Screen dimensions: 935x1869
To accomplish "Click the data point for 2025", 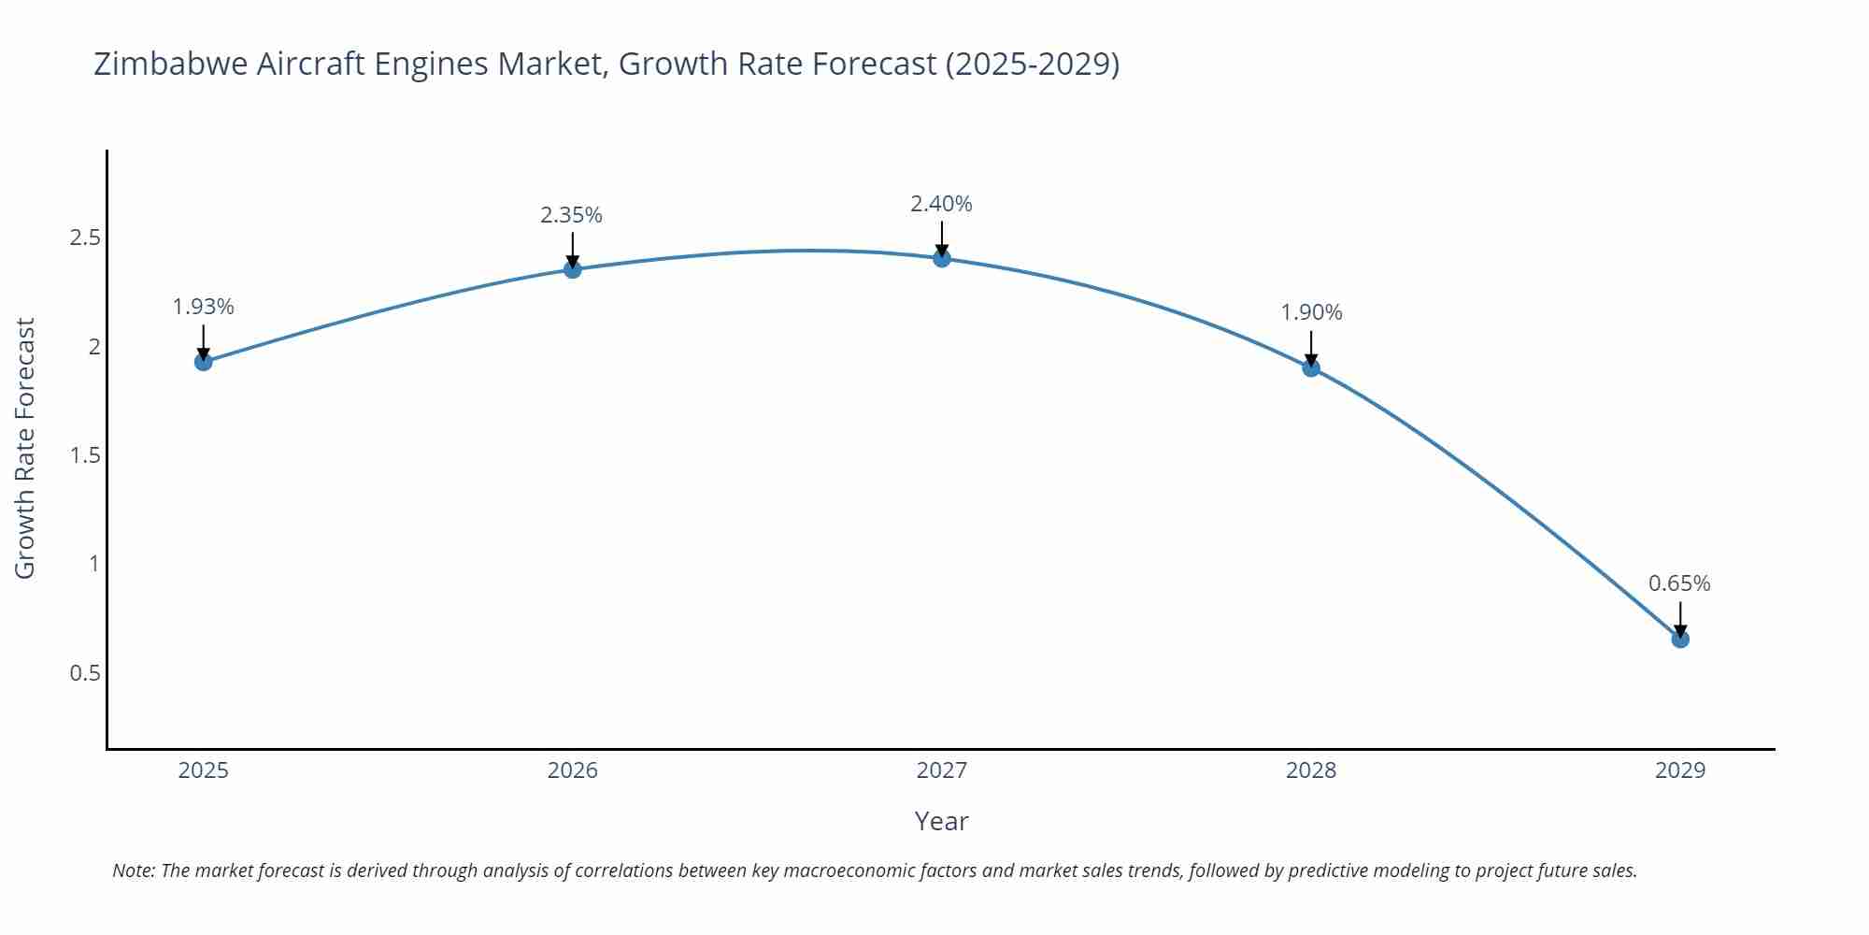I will coord(204,362).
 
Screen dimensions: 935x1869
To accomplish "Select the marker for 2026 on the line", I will coord(573,269).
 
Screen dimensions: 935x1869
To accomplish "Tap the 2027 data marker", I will coord(942,258).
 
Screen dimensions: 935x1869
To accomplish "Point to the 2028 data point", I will coord(1311,367).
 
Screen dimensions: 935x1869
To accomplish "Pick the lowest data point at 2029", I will coord(1680,640).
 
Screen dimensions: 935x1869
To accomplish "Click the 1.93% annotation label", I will coord(204,307).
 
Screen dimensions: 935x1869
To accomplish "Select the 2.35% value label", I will coord(571,215).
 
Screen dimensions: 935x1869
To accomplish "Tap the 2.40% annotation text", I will coord(941,204).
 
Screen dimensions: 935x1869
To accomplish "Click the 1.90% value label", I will coord(1311,312).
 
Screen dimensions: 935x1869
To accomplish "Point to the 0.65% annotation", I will coord(1679,583).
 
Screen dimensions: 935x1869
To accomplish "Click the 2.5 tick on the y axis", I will coord(85,237).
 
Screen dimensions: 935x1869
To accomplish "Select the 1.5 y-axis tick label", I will coord(85,455).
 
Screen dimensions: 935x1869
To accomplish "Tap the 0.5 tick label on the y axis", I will coord(85,673).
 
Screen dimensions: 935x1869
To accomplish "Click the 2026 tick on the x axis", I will coord(573,770).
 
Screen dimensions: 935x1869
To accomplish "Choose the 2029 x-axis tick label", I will coord(1680,770).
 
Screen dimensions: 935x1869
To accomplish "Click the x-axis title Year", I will coord(941,821).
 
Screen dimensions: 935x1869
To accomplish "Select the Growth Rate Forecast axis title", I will coord(25,448).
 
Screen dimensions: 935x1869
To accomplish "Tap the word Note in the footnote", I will coord(134,870).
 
